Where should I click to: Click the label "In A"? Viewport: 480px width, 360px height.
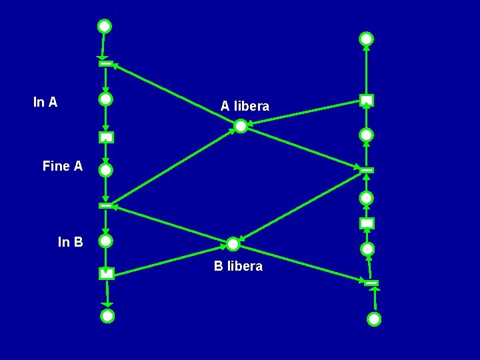45,102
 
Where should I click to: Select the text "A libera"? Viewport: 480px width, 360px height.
245,106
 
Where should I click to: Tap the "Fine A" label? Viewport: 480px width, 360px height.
63,166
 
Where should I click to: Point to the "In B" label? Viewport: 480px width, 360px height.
71,242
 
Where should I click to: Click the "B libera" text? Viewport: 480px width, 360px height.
238,266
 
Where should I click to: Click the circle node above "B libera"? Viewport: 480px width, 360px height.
233,244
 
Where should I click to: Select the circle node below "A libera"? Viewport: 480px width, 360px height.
241,126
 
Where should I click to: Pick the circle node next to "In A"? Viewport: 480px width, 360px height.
105,99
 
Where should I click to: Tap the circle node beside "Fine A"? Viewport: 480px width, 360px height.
106,170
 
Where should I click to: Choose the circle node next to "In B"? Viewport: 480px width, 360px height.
106,240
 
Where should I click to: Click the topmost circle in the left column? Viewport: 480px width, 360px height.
105,27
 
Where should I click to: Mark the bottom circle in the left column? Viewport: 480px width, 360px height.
107,316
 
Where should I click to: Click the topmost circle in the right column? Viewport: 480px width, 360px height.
367,39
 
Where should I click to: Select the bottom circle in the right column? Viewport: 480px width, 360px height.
374,319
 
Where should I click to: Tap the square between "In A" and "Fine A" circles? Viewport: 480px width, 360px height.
106,137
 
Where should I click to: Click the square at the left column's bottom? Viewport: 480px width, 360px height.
107,273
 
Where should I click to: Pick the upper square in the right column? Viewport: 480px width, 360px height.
367,101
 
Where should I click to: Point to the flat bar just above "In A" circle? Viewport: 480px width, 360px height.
105,63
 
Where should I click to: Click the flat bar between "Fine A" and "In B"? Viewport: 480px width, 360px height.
106,205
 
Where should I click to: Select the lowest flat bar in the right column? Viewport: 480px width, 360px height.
372,283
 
